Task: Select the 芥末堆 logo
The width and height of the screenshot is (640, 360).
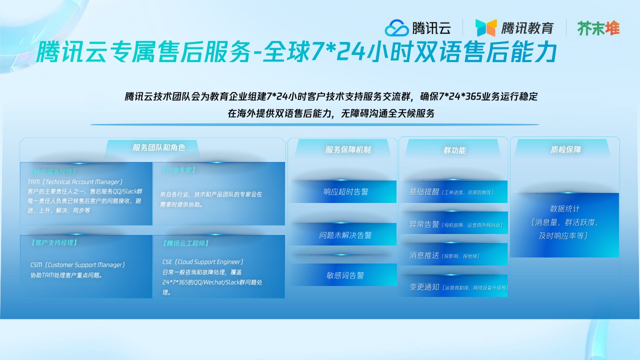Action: click(598, 28)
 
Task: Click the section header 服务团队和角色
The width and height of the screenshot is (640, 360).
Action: click(158, 147)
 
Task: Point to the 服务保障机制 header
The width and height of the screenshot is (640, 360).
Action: click(348, 149)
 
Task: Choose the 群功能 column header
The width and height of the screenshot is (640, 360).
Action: click(454, 150)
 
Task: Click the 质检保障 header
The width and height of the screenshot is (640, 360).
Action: click(565, 149)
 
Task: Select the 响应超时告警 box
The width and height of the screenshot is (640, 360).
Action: click(345, 191)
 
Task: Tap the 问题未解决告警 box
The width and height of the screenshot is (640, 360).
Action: click(345, 235)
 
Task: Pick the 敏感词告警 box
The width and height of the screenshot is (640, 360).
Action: click(345, 275)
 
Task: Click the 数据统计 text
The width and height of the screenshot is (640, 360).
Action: click(565, 208)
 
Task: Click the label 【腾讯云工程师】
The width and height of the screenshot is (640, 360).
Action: click(186, 243)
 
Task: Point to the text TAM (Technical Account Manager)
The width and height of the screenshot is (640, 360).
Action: click(75, 182)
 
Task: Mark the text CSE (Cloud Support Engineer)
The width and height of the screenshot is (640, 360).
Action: click(202, 262)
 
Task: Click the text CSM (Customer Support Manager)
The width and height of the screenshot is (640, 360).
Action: click(77, 265)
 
